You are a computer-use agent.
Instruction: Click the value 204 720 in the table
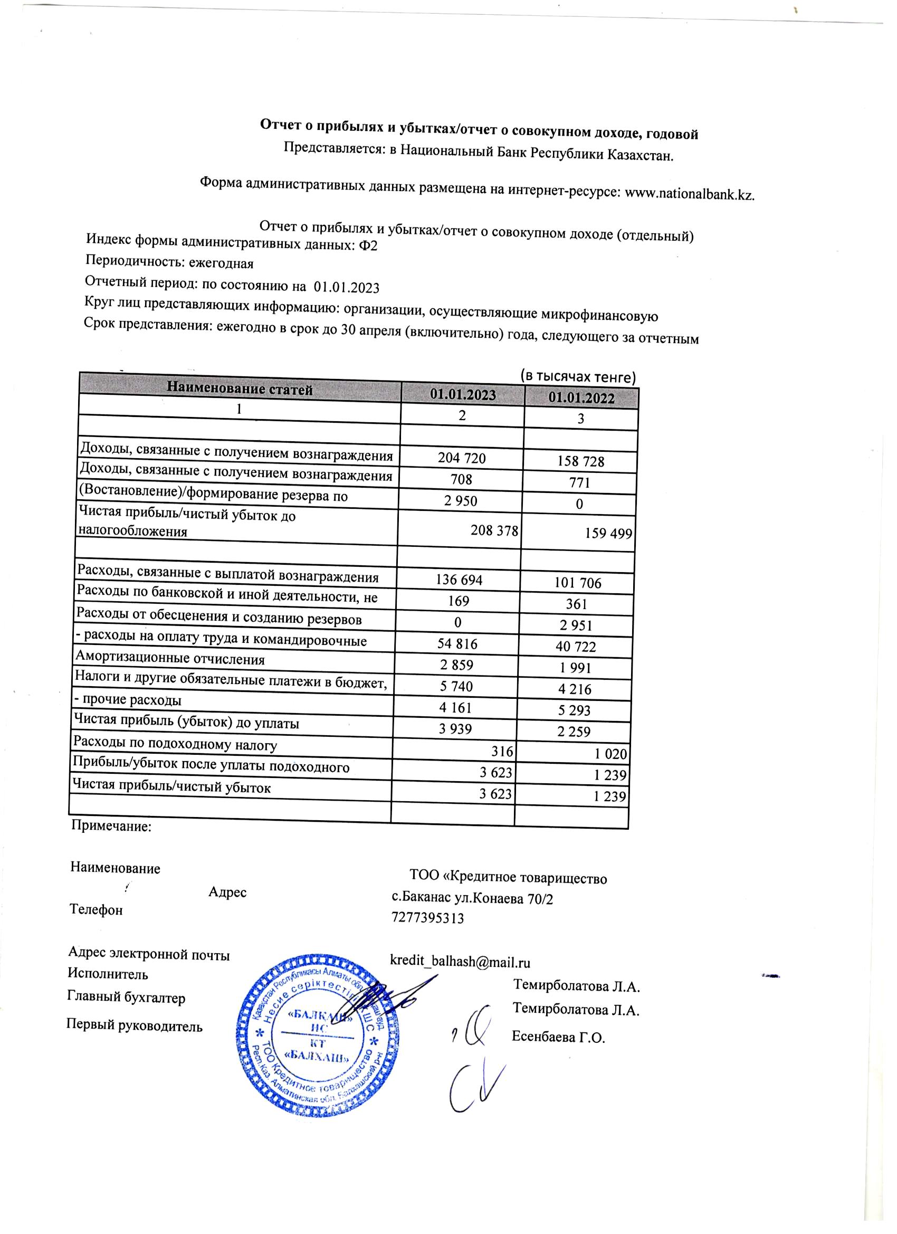click(x=461, y=458)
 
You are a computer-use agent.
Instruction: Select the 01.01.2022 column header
click(x=581, y=398)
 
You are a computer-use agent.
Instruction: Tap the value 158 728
click(x=580, y=461)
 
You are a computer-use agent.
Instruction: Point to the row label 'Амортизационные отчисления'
click(x=170, y=659)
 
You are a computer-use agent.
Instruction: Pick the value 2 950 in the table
click(x=460, y=500)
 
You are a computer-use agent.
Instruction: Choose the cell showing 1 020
click(x=610, y=754)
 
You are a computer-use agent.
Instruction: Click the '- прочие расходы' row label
click(x=128, y=700)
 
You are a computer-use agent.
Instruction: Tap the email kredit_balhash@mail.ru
click(x=460, y=962)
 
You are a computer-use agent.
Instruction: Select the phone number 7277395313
click(x=427, y=918)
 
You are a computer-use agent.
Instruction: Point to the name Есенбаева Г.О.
click(x=558, y=1037)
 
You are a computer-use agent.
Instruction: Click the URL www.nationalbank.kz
click(x=689, y=194)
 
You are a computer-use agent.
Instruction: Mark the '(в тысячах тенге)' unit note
click(x=578, y=376)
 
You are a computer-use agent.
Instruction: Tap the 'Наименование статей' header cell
click(x=240, y=389)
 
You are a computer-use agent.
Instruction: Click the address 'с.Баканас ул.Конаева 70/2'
click(x=472, y=898)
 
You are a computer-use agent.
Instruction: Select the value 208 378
click(x=494, y=530)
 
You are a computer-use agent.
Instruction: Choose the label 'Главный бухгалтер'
click(x=126, y=998)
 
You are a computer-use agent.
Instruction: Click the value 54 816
click(x=457, y=644)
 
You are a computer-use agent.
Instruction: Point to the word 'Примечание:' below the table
click(x=111, y=827)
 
